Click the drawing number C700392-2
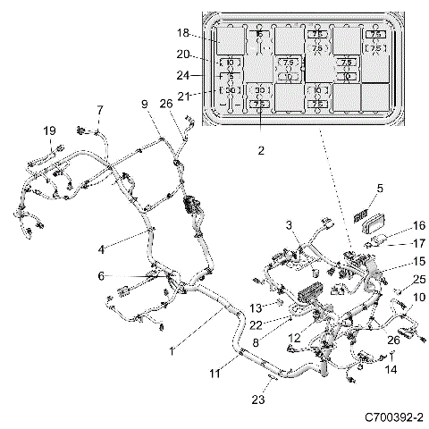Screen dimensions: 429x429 tap(394, 416)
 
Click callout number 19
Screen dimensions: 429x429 tap(49, 130)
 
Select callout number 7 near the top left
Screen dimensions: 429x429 tap(99, 110)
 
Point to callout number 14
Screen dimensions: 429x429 tap(391, 369)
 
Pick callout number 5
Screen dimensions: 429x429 tap(379, 188)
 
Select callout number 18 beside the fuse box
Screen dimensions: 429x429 tap(182, 33)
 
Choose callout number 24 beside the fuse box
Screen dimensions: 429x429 tap(182, 76)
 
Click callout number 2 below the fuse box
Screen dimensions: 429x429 tap(261, 150)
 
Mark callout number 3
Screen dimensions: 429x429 tap(289, 223)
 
